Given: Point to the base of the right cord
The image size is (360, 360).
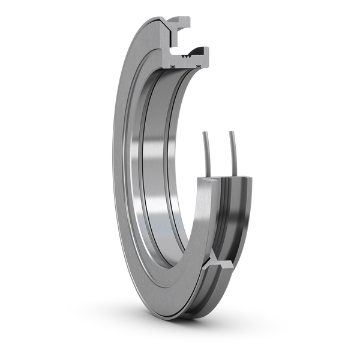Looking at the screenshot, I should (x=233, y=175).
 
